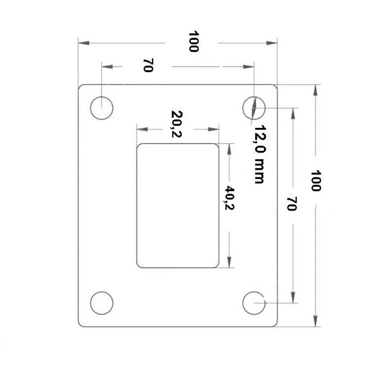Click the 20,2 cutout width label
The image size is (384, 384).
point(177,124)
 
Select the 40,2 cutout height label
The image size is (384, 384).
point(229,197)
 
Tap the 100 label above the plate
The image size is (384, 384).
point(193,42)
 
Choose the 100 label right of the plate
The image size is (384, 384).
point(316,181)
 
